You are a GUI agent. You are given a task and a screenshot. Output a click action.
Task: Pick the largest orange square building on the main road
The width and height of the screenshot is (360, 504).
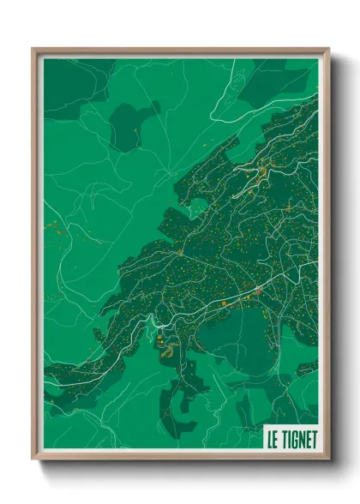point(224,303)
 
